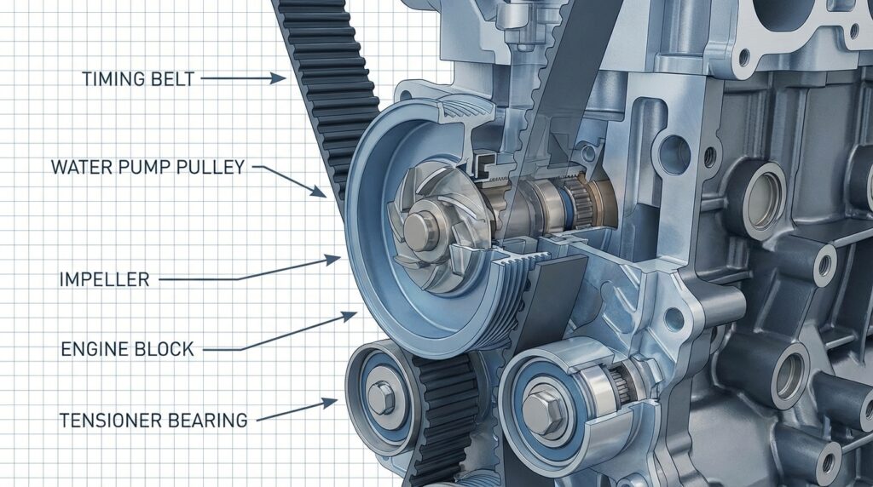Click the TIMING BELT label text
pyautogui.click(x=138, y=79)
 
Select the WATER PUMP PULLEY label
pyautogui.click(x=147, y=167)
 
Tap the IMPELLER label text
pyautogui.click(x=105, y=278)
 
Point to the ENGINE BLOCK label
pyautogui.click(x=127, y=348)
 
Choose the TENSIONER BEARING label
pyautogui.click(x=153, y=420)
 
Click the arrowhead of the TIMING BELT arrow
pyautogui.click(x=280, y=78)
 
